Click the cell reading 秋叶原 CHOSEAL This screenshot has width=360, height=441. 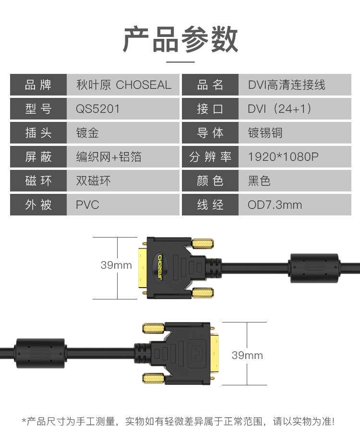tap(123, 85)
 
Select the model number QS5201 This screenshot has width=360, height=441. tap(98, 109)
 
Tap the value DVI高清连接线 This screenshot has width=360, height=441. tap(287, 85)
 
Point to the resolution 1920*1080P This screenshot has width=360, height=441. tap(283, 157)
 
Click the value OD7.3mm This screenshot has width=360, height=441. tap(275, 205)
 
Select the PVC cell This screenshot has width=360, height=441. tap(87, 205)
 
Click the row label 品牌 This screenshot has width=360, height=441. tap(38, 85)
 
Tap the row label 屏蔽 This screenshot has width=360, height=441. tap(38, 157)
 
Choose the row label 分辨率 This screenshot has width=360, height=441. tap(210, 157)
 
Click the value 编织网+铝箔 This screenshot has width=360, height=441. tap(109, 157)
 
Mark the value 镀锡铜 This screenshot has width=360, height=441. tap(265, 133)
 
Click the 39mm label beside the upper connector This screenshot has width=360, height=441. tap(116, 265)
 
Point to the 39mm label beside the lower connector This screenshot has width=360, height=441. tap(247, 355)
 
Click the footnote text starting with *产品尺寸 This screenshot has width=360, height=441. tap(178, 422)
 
